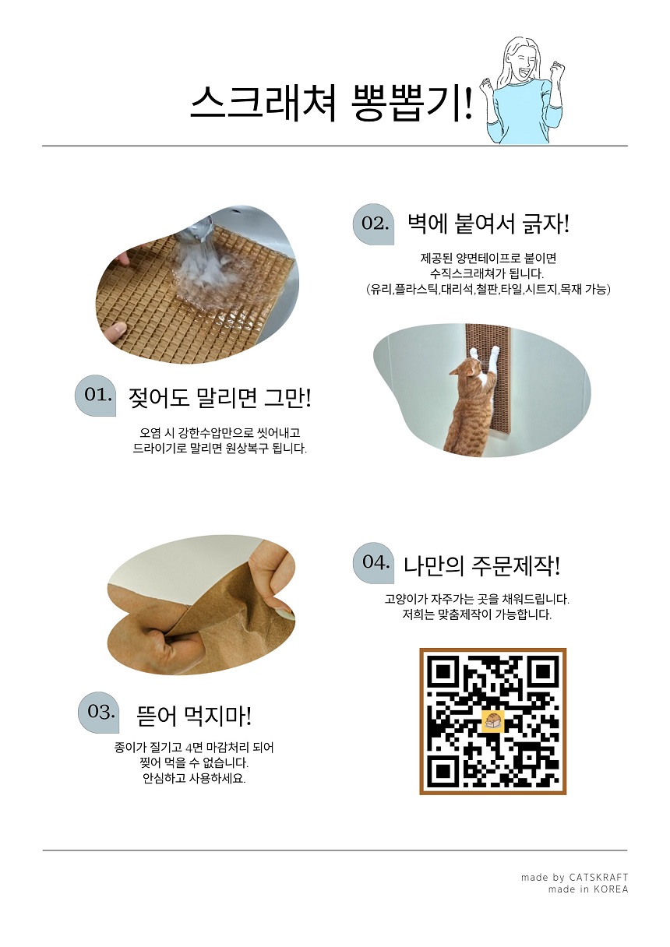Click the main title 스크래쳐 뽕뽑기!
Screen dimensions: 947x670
pos(331,104)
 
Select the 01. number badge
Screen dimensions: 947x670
pos(96,396)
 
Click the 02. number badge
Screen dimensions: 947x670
pos(374,224)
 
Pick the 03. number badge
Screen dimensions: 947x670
pos(100,712)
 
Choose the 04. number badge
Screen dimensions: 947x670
pos(374,562)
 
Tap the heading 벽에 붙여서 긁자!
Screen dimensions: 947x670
pos(488,224)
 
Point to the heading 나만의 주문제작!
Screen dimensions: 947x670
pos(481,565)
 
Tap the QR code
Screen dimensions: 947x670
pos(492,721)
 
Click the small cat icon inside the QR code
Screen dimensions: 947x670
pos(492,721)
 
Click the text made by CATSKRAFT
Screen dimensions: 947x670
pos(574,877)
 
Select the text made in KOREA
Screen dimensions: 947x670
pos(587,889)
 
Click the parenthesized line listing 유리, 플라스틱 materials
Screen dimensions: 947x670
pos(488,289)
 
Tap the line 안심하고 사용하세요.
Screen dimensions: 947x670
pos(194,778)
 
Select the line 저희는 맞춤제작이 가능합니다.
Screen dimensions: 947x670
pos(476,614)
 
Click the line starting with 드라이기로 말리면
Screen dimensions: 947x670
pos(220,449)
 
